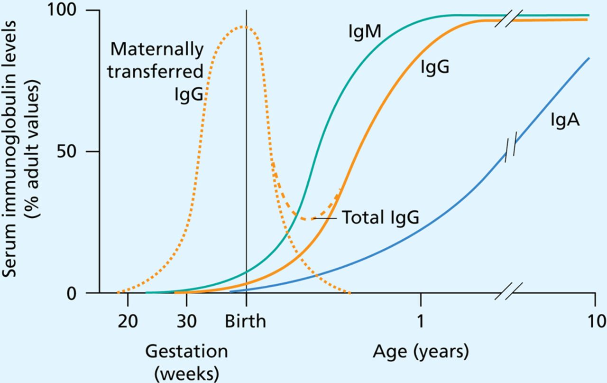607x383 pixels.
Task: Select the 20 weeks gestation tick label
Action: (128, 321)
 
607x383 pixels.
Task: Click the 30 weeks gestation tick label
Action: (187, 321)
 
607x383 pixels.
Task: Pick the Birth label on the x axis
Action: (245, 321)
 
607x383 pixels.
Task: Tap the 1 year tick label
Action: (420, 321)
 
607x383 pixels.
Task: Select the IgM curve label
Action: (363, 33)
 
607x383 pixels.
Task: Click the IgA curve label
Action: (565, 120)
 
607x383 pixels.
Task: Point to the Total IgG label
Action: (380, 218)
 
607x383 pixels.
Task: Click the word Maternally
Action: (156, 49)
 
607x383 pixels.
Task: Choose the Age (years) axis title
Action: (421, 352)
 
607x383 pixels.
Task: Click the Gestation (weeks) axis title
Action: (186, 360)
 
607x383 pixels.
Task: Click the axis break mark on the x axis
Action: (508, 291)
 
